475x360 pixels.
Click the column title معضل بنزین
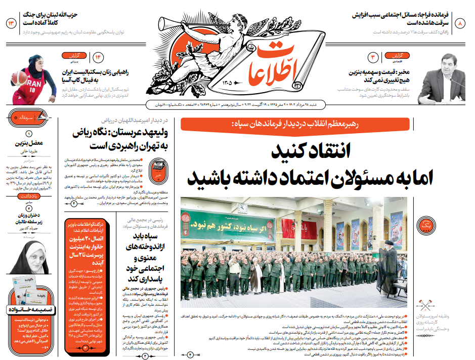[28, 143]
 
